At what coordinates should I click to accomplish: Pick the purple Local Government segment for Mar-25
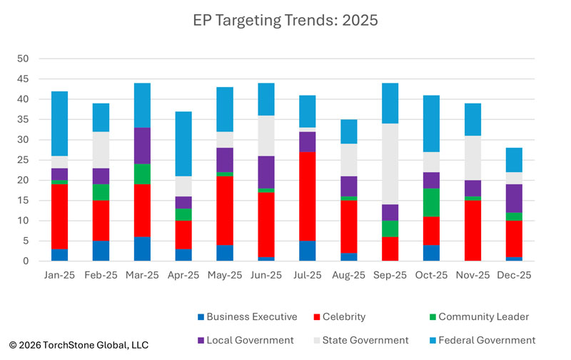(x=143, y=146)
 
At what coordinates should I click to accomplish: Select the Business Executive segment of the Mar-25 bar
(x=143, y=249)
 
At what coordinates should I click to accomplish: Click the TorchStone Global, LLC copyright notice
(x=79, y=345)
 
